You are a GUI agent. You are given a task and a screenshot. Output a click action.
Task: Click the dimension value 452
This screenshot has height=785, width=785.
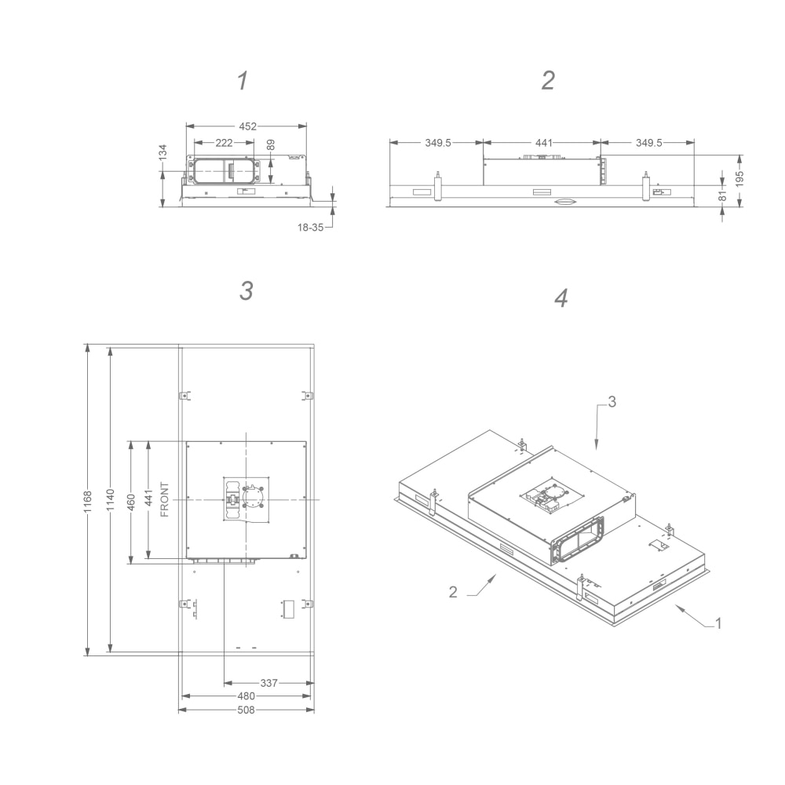coord(247,126)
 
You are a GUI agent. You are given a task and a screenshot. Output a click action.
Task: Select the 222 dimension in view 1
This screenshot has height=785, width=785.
coord(224,143)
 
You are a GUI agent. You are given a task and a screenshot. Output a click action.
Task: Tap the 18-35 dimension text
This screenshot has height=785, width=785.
coord(310,228)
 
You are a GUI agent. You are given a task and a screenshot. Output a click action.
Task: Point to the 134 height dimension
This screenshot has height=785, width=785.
coord(162,153)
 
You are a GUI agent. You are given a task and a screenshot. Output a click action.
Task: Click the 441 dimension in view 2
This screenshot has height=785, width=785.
coord(544,143)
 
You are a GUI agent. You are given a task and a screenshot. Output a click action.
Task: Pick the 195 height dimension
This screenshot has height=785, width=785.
coord(739,179)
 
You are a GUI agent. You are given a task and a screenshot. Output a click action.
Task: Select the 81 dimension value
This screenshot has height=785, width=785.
coord(722,195)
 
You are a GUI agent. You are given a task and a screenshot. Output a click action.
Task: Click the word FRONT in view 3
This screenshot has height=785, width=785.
coord(164,499)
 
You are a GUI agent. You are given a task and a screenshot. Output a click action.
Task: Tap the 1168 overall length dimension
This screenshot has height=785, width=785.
coord(88,501)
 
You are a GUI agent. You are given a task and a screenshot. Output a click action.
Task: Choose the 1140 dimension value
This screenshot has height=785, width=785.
coord(111,500)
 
